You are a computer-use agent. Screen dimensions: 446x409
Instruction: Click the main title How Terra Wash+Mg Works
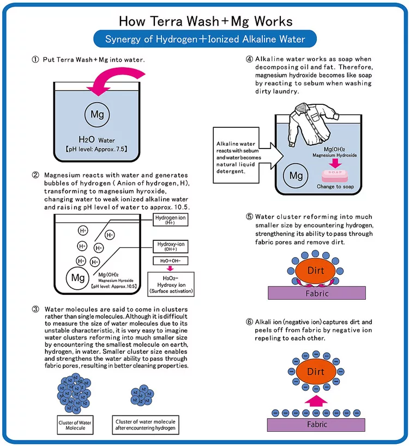click(x=205, y=21)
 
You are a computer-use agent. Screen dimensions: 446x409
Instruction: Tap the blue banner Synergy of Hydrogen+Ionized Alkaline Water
click(x=205, y=39)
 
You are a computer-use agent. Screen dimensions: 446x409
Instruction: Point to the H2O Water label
click(x=98, y=140)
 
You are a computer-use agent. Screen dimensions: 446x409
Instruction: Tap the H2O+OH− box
click(x=170, y=261)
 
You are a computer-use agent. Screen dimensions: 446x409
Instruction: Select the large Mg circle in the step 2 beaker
click(x=76, y=277)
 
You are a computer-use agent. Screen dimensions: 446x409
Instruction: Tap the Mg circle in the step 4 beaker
click(x=296, y=176)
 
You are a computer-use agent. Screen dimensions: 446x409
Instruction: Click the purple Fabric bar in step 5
click(x=316, y=293)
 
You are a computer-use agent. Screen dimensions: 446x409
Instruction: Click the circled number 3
click(x=36, y=308)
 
